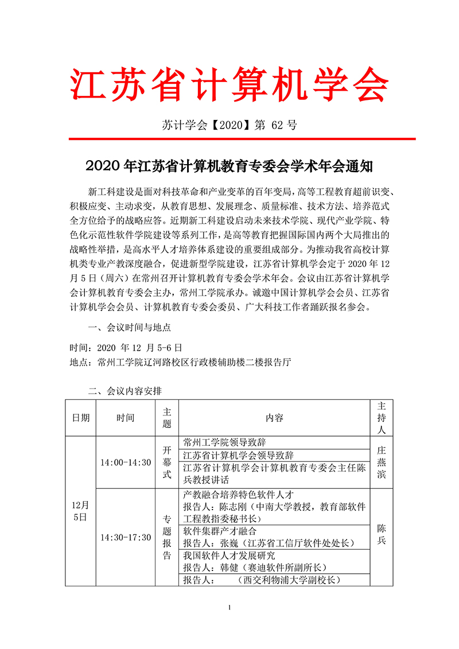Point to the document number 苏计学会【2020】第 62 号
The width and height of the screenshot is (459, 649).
point(229,125)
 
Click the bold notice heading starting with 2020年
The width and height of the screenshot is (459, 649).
point(229,166)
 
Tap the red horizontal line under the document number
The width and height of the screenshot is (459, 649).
point(242,139)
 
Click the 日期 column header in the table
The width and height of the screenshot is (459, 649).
point(80,418)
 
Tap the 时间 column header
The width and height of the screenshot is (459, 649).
point(125,418)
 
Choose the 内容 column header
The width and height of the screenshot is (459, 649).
point(274,418)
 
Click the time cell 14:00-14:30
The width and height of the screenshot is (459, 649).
point(125,463)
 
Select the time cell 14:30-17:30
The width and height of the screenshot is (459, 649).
point(125,537)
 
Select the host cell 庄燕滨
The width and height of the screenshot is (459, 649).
point(382,463)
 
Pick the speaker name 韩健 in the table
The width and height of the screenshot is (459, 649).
point(229,568)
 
